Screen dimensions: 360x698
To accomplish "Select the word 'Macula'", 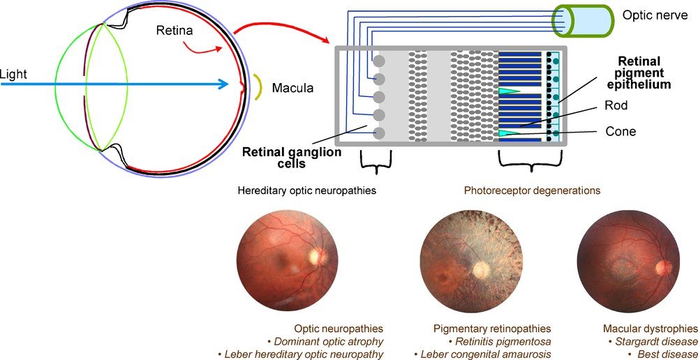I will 294,89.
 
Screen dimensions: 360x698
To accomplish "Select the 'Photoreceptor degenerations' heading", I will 534,190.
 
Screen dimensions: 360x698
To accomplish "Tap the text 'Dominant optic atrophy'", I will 327,341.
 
